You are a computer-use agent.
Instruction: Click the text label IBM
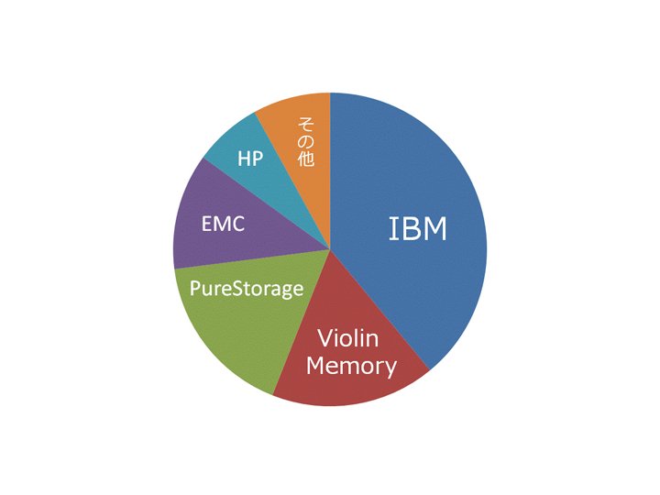(417, 229)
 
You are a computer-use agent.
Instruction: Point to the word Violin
(348, 338)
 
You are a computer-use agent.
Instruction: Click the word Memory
(351, 366)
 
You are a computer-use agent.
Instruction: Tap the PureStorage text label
(247, 289)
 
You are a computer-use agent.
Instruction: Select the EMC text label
(223, 224)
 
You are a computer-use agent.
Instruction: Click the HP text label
(250, 159)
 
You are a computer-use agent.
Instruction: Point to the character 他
(306, 159)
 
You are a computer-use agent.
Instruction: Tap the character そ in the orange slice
(306, 124)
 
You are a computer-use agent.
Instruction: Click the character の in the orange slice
(306, 141)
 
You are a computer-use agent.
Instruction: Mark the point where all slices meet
(330, 249)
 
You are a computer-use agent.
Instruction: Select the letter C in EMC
(237, 224)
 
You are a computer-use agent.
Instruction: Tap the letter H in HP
(244, 159)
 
